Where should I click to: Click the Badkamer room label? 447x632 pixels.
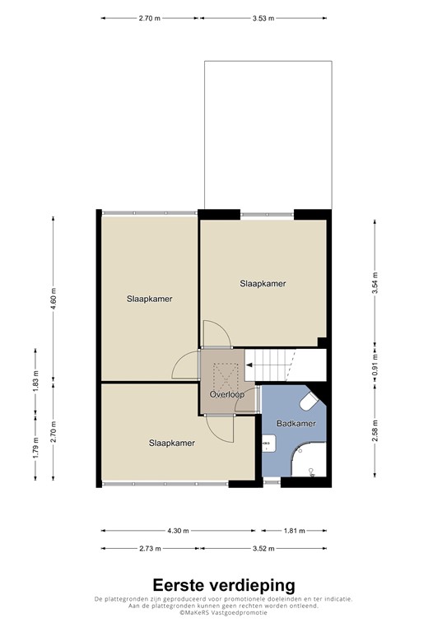pos(296,424)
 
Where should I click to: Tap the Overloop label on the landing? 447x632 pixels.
pos(227,395)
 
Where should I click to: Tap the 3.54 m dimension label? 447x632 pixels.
pos(375,282)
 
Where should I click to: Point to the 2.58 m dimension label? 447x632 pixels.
pos(375,430)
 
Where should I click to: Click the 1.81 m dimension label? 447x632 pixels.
pos(294,531)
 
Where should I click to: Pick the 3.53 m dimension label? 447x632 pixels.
pos(264,17)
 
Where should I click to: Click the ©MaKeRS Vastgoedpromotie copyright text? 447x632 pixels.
pos(223,613)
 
